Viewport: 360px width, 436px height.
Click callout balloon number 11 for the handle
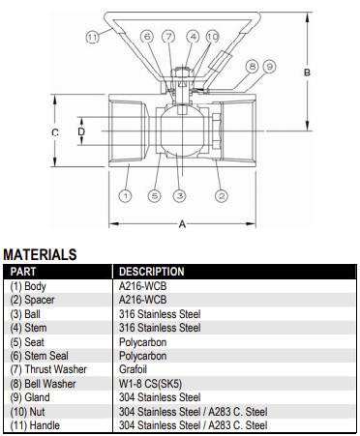92,37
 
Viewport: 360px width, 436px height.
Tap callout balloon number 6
147,37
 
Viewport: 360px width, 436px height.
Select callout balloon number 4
193,37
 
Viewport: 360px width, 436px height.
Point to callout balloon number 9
269,67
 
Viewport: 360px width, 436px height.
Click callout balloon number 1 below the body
125,195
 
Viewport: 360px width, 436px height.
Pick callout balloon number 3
180,195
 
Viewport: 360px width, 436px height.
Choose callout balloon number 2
222,195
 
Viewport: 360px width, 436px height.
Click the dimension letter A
182,223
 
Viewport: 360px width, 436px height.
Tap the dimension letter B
307,73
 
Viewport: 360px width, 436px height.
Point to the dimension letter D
81,131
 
